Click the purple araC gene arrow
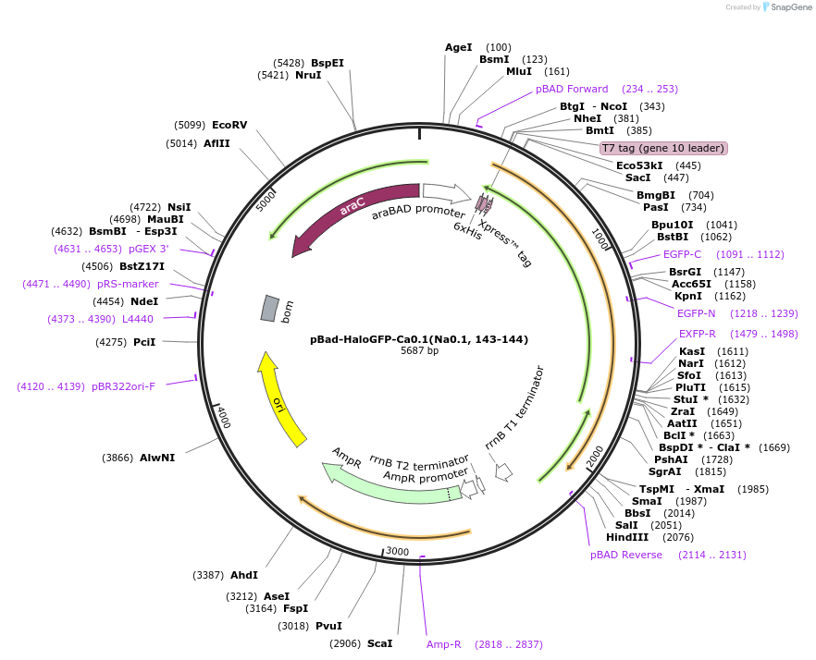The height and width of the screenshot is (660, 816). [x=352, y=209]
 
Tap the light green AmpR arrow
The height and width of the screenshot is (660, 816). [x=389, y=480]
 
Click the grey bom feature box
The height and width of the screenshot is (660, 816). [x=268, y=309]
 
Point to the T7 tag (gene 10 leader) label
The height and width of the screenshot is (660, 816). [x=663, y=148]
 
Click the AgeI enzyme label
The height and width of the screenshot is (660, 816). [x=459, y=47]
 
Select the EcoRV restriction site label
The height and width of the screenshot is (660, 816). [x=229, y=125]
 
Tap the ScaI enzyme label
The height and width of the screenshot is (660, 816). [x=379, y=643]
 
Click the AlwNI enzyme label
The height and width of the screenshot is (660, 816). [x=157, y=458]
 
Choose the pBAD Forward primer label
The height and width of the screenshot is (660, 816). [x=572, y=89]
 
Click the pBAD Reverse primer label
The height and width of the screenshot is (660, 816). [x=626, y=555]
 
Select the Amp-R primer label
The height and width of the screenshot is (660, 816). [x=443, y=644]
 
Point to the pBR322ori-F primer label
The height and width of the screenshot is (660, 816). [x=123, y=386]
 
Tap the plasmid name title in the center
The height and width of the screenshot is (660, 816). [x=419, y=339]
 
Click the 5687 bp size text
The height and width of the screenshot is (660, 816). [x=419, y=351]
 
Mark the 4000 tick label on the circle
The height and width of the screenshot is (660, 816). [x=223, y=418]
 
